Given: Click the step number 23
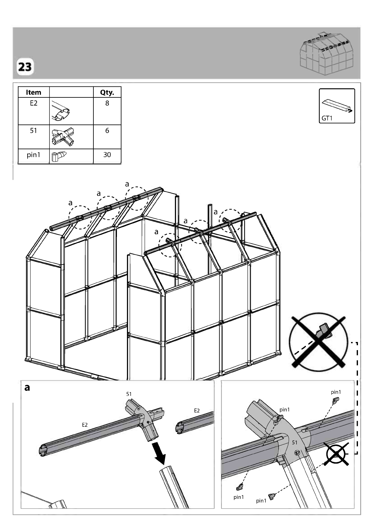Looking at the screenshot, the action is (25, 67).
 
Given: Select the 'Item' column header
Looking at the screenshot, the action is (34, 92).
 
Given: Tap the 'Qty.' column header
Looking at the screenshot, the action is (107, 92).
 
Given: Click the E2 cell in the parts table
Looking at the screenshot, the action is (34, 103).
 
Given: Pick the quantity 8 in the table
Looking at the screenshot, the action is (107, 103).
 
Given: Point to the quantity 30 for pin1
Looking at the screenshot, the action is (107, 155).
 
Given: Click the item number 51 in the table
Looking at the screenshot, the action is (34, 131).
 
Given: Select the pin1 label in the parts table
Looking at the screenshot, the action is (34, 155).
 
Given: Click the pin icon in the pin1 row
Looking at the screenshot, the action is (59, 156).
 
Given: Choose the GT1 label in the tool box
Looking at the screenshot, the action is (327, 118).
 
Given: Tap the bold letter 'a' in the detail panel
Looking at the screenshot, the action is (27, 388).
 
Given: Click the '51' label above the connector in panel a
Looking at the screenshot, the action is (129, 394).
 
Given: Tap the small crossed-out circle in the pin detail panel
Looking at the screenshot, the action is (336, 454).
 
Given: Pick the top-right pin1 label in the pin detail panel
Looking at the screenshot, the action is (336, 392).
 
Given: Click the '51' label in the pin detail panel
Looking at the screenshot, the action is (295, 443).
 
